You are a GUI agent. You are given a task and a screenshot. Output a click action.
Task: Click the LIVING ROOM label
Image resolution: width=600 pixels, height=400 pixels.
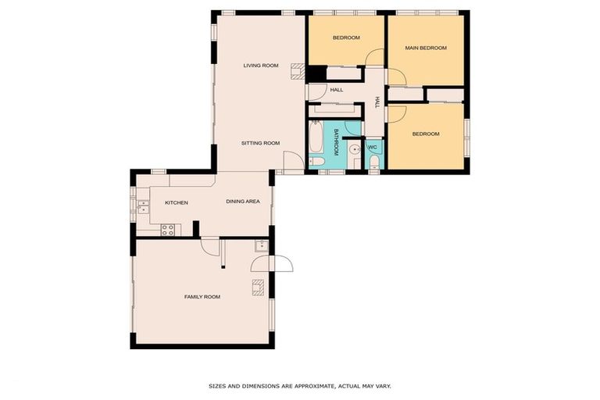click(x=260, y=66)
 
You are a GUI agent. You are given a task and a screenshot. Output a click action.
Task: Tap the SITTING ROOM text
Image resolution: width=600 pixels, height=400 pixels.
click(x=260, y=143)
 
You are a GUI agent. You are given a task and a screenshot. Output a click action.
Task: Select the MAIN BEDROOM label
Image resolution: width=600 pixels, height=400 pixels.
click(x=425, y=48)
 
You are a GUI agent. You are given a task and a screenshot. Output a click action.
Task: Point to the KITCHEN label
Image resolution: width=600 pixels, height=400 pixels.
click(x=176, y=203)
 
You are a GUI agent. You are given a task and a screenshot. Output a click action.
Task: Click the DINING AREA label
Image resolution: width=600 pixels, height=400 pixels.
click(x=242, y=202)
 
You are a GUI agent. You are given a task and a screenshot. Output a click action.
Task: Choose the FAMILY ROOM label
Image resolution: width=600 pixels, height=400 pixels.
click(x=202, y=297)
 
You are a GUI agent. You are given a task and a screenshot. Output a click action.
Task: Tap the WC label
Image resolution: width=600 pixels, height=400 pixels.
click(x=373, y=147)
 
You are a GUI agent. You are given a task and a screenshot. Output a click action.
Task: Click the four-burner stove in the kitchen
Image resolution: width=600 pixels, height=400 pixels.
click(x=167, y=230)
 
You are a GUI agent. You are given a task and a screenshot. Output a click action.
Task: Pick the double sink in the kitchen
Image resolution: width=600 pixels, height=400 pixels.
click(x=143, y=206)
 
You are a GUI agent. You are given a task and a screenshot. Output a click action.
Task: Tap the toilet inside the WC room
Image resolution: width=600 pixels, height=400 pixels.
click(x=374, y=162)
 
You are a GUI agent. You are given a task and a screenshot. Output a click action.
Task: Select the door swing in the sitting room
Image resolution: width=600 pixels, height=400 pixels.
click(x=291, y=162)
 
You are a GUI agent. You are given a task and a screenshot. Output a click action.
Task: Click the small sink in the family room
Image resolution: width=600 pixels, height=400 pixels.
click(x=262, y=245)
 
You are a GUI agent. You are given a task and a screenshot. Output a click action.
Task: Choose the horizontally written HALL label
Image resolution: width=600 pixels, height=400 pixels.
click(x=336, y=90)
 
